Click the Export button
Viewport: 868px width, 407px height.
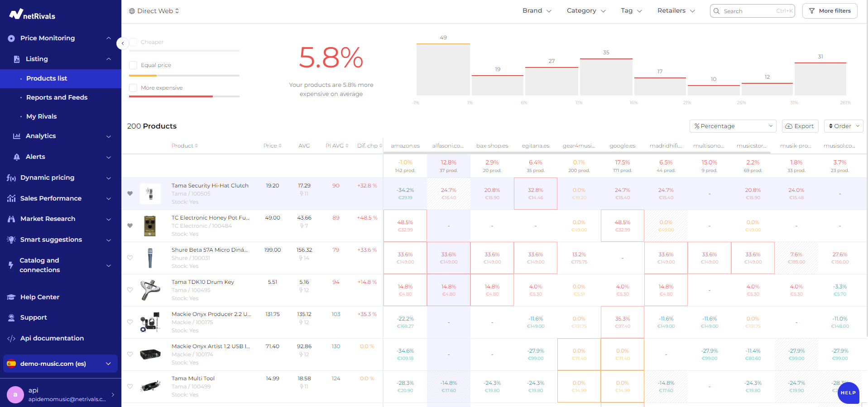800,126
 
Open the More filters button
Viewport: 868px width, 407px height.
830,11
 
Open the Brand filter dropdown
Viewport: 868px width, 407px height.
537,11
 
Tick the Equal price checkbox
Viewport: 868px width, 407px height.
133,65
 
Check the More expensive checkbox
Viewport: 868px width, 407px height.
133,88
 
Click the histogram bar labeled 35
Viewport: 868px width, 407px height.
606,77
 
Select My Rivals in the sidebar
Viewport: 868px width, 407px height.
41,116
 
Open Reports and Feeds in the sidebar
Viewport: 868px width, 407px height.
57,97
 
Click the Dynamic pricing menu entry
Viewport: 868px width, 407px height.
47,177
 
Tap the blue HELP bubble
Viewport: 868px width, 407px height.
848,393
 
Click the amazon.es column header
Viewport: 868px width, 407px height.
405,146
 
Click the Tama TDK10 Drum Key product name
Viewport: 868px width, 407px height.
202,282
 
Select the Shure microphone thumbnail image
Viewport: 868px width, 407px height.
150,258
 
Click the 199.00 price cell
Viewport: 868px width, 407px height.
272,250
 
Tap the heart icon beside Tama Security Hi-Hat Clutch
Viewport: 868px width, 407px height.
130,194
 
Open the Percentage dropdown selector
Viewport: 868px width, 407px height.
732,126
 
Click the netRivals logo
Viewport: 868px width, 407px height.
32,15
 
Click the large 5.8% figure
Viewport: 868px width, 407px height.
331,58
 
